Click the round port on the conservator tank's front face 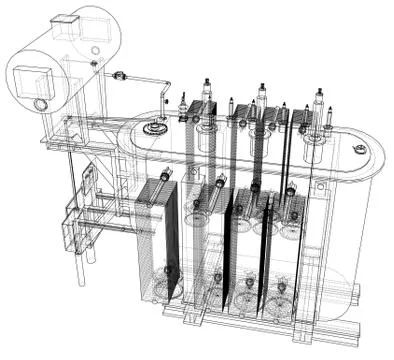pos(41,104)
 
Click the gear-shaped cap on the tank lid pos(154,128)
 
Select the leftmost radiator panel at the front pos(158,240)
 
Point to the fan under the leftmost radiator pos(170,270)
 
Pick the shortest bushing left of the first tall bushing pos(182,104)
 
